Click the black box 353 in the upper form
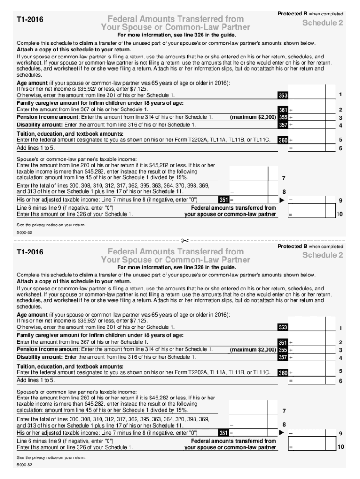pos(283,95)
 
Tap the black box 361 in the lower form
pos(283,343)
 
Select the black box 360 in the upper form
pos(283,140)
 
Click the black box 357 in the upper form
pos(283,125)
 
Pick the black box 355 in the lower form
pos(283,350)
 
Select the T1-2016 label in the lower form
pos(30,253)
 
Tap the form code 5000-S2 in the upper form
pos(24,232)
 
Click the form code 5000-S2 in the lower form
pos(24,465)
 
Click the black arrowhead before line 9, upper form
pos(281,200)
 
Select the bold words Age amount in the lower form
pos(32,315)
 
